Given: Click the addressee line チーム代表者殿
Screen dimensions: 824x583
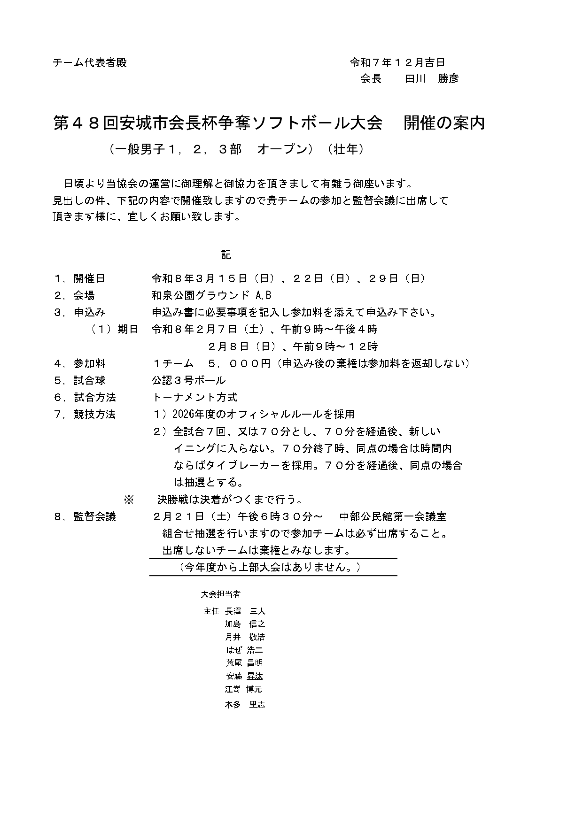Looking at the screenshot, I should click(x=90, y=62).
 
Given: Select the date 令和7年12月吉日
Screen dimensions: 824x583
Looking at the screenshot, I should click(x=397, y=62).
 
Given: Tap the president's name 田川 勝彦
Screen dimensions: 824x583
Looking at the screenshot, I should click(x=432, y=79).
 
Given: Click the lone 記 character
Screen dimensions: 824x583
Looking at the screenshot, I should click(x=226, y=254).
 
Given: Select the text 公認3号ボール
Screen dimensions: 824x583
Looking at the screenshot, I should click(x=188, y=380).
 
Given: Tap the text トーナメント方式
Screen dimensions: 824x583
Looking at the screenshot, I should click(x=194, y=397).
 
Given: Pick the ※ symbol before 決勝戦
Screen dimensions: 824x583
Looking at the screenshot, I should click(x=128, y=499).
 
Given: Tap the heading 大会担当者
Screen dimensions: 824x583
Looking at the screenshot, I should click(x=220, y=594).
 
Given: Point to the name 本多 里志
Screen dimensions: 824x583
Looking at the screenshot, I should click(x=245, y=704).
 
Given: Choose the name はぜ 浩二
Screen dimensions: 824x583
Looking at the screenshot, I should click(x=244, y=650).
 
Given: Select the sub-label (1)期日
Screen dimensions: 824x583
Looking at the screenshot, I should click(x=115, y=329).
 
